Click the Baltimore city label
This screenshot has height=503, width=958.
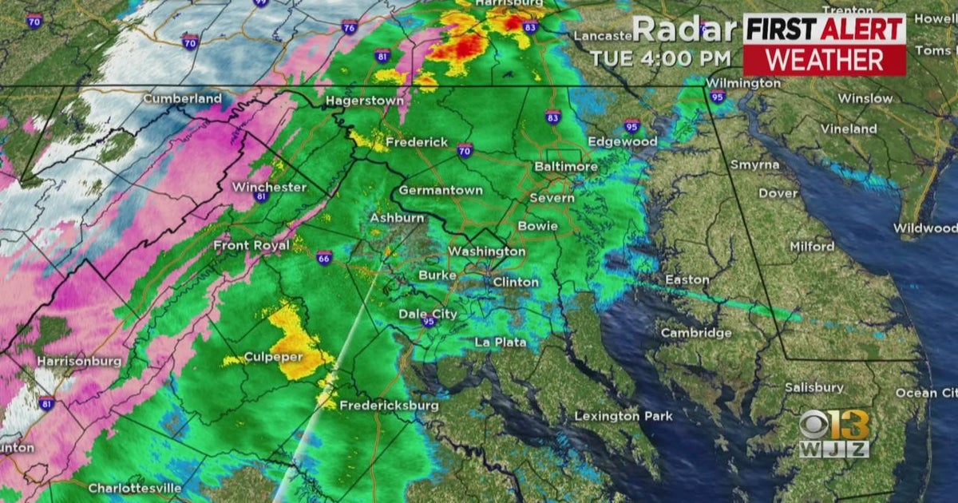click(566, 166)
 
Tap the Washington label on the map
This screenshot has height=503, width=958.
click(486, 252)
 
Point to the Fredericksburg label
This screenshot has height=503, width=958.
click(389, 406)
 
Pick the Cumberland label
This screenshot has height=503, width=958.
click(182, 98)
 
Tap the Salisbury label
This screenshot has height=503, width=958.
click(814, 387)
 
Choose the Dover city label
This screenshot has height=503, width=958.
click(778, 193)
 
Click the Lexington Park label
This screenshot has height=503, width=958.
click(623, 416)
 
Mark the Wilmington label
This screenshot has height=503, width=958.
click(743, 82)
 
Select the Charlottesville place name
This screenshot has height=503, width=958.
click(135, 488)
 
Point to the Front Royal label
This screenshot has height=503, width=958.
click(251, 246)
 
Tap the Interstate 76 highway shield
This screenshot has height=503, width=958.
click(349, 27)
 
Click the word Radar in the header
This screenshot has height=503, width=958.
click(685, 30)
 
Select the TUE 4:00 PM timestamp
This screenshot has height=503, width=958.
click(660, 57)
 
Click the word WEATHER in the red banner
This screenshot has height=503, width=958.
click(824, 60)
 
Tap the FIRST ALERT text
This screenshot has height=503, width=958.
click(824, 29)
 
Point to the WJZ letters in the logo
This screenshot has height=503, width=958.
click(833, 449)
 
